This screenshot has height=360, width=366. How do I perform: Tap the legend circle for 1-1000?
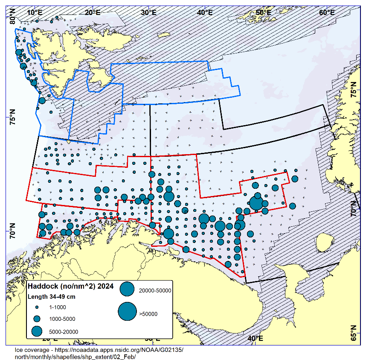(x=37, y=307)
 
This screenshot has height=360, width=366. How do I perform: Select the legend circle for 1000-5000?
(x=37, y=319)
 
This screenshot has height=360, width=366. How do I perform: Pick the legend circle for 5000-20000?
(x=37, y=331)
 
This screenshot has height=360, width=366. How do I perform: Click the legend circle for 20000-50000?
(x=127, y=290)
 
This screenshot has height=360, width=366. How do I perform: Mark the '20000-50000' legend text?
(x=155, y=290)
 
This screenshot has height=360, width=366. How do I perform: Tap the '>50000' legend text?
(x=148, y=314)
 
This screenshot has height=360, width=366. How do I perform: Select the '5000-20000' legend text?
(x=64, y=331)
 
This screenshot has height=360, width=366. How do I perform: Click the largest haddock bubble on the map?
(x=256, y=202)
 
